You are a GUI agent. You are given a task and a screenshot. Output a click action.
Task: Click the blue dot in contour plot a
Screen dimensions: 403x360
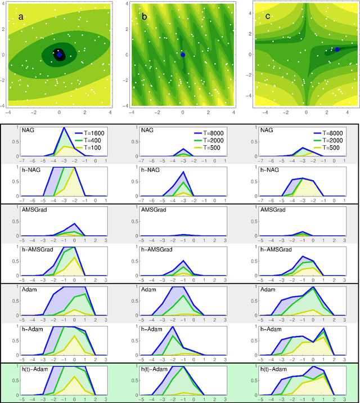(x=60, y=55)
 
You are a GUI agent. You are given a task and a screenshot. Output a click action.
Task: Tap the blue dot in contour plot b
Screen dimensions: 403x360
(x=183, y=55)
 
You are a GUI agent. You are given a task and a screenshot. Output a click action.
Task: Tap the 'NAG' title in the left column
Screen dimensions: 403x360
(x=29, y=131)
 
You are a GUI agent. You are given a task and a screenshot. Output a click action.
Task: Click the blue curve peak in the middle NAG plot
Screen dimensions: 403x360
(x=183, y=149)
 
